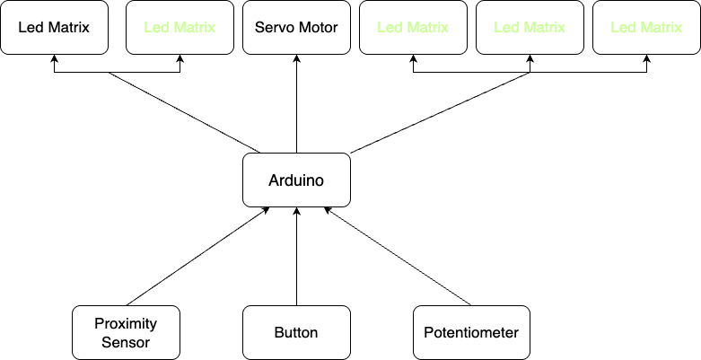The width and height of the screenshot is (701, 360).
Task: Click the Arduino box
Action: pos(296,180)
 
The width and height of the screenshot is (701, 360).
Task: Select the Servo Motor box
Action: pos(296,27)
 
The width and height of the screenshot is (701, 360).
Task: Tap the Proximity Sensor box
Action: pos(126,332)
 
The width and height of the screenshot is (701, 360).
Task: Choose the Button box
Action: pos(296,332)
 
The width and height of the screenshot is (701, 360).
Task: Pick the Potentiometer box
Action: pos(471,332)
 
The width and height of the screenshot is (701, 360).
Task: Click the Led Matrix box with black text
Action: pos(54,27)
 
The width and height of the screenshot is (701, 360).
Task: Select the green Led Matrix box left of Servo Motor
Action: pos(180,27)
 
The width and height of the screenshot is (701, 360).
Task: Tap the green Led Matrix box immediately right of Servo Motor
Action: pos(413,27)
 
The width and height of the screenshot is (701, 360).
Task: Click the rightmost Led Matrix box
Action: pos(646,27)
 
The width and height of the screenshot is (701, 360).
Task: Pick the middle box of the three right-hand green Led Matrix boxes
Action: pos(530,27)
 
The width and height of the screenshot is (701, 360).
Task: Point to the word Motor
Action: pos(318,27)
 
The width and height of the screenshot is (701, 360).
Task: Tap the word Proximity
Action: pos(126,323)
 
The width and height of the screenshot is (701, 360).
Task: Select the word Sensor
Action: pos(126,342)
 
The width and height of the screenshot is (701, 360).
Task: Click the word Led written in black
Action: pos(30,27)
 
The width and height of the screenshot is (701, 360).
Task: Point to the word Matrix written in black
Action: pos(67,27)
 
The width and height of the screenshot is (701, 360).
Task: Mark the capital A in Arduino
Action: pos(274,180)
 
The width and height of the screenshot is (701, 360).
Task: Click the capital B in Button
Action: pos(279,332)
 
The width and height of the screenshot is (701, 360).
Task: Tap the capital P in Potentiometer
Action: pos(428,332)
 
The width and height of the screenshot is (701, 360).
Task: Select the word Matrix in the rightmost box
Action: pos(660,27)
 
